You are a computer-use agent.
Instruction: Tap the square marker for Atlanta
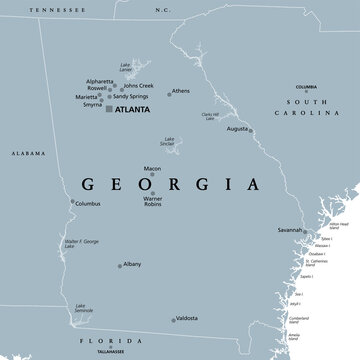(x=109, y=109)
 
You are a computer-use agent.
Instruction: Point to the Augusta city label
(x=236, y=157)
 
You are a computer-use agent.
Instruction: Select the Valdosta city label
(x=186, y=318)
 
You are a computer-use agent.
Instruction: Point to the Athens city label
(x=180, y=91)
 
